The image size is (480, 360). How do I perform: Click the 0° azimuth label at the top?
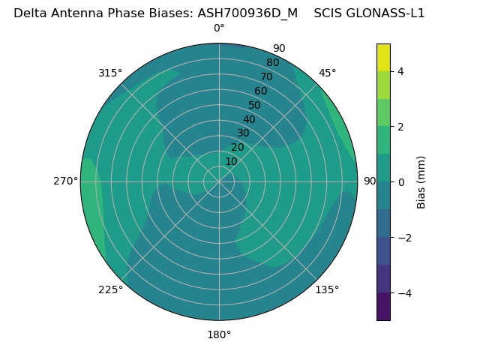pos(219,28)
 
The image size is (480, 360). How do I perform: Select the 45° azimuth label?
pos(327,73)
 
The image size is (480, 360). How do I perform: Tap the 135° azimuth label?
pos(327,289)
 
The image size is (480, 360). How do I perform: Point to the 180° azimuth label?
pos(219,334)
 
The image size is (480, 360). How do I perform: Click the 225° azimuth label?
pos(110,289)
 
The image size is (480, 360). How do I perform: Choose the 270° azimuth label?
pos(65,181)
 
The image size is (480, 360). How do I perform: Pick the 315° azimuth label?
pos(110,73)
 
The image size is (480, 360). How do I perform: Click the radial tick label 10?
pos(231,161)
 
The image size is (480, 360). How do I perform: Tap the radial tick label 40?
pos(249,119)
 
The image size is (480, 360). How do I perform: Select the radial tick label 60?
pos(261,91)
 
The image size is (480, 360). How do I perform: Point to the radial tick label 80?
pos(272,62)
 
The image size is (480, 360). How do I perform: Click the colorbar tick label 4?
pos(400,71)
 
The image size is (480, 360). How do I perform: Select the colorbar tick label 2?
pos(400,127)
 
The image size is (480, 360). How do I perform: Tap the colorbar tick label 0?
pos(400,182)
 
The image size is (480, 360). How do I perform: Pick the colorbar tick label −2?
pos(403,238)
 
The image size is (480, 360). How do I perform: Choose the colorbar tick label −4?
pos(403,293)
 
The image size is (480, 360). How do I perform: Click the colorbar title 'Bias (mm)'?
pos(421,182)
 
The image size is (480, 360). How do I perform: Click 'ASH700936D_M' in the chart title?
pos(247,13)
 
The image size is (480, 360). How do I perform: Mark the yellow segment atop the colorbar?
pos(383,57)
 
